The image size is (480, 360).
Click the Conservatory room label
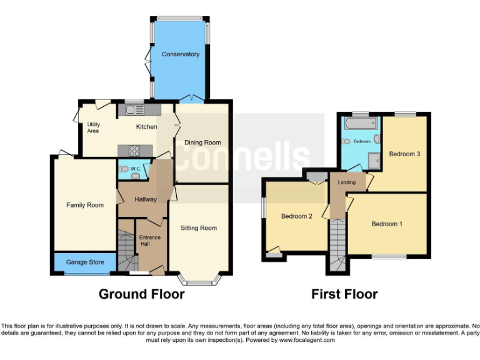[x=181, y=54]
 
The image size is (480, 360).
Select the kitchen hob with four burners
[x=132, y=150]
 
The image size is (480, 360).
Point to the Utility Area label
[x=93, y=127]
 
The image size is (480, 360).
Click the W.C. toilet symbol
[x=124, y=169]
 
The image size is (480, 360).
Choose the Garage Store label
[x=85, y=262]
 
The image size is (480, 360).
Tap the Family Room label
[x=84, y=205]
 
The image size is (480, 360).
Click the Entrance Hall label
[x=149, y=241]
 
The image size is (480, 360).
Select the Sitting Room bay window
[x=199, y=279]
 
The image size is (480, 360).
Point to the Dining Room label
[x=202, y=142]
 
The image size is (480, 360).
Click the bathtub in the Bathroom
[x=359, y=122]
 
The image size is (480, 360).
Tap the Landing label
[x=347, y=182]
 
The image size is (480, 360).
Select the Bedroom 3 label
[x=404, y=154]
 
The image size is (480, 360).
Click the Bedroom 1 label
[x=387, y=224]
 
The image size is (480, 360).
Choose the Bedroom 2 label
[x=296, y=217]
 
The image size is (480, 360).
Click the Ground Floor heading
[x=141, y=294]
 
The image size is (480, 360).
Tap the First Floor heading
[x=344, y=294]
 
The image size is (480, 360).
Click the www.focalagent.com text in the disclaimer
[x=306, y=341]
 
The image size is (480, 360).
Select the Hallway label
[x=146, y=199]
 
